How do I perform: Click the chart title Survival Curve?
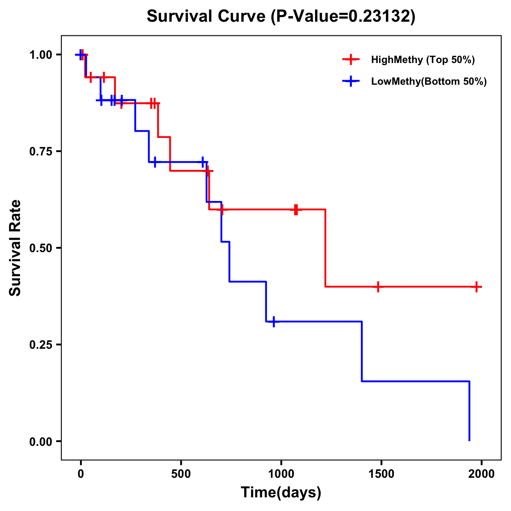coord(207,16)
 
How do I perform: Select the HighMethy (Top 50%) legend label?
coord(422,60)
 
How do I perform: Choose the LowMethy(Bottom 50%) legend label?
coord(429,81)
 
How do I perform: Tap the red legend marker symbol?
coord(351,60)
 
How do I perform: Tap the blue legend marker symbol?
coord(351,81)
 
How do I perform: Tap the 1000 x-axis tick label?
coord(281,474)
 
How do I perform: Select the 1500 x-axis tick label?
coord(381,474)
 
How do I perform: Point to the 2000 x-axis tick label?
coord(482,474)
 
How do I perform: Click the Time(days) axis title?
coord(281,493)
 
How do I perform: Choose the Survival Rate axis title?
coord(15,248)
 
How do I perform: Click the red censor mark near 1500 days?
coord(378,287)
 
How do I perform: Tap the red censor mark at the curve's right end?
coord(477,287)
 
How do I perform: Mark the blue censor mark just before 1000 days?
coord(273,322)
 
